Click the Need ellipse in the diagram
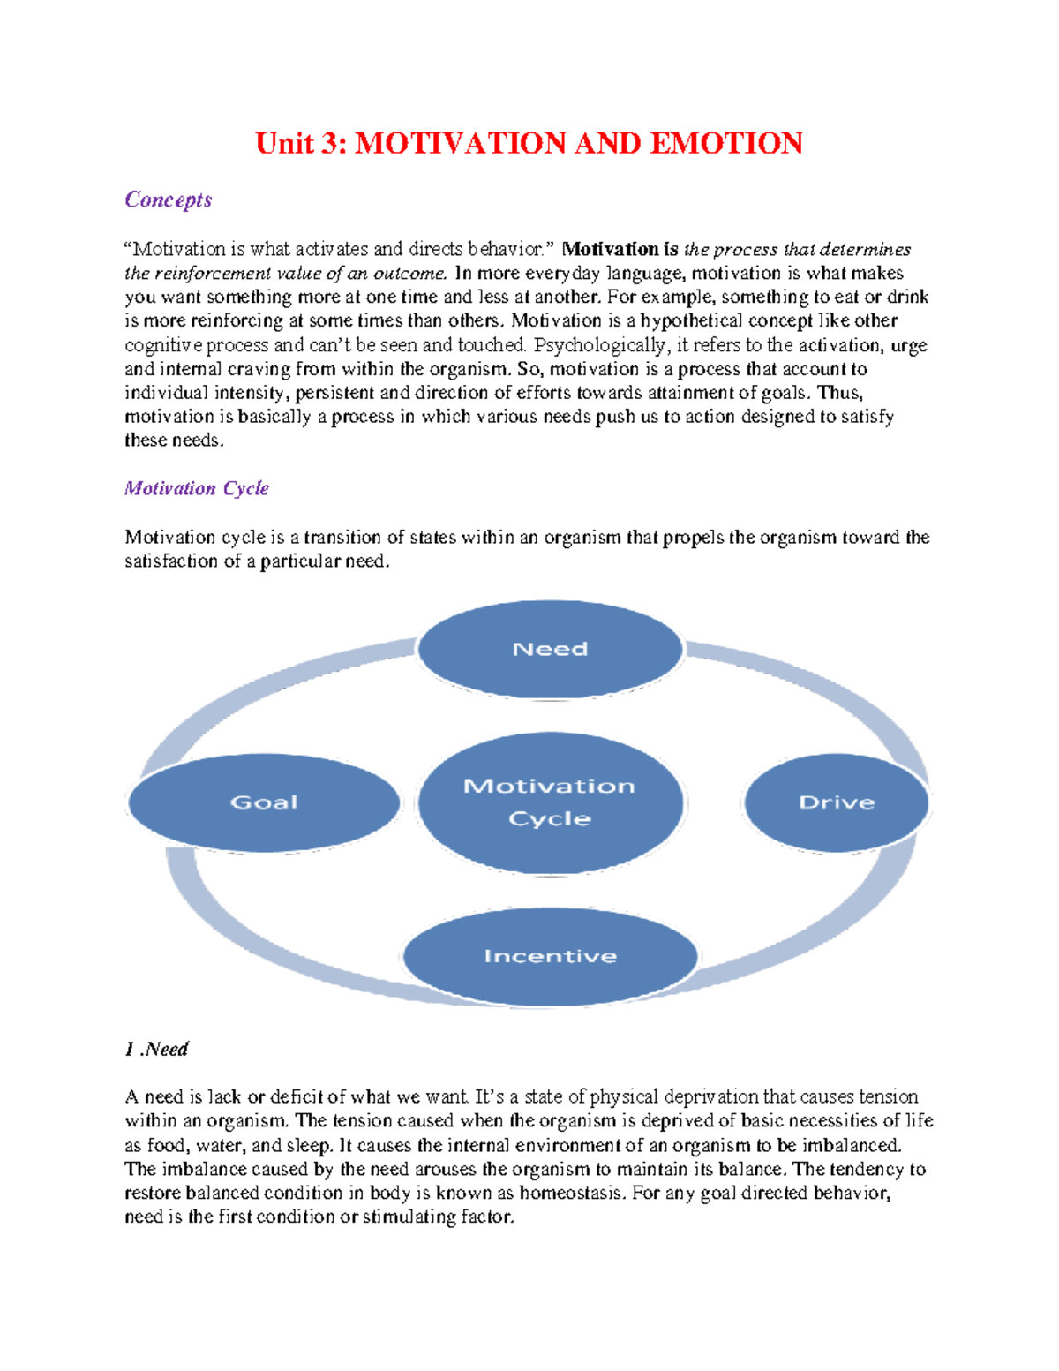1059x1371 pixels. tap(550, 650)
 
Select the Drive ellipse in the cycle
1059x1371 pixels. tap(836, 802)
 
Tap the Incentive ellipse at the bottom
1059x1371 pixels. tap(550, 956)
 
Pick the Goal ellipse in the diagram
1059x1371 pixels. tap(264, 802)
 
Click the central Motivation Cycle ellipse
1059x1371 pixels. tap(550, 802)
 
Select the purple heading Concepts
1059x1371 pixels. tap(169, 200)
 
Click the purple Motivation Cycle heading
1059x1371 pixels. tap(197, 488)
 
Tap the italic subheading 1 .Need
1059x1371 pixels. tap(157, 1049)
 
